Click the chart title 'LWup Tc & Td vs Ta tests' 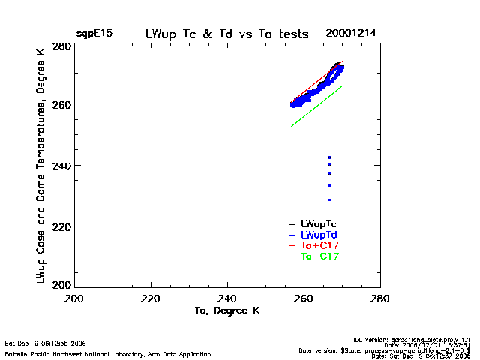click(226, 34)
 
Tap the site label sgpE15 click(94, 34)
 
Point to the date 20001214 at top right click(350, 34)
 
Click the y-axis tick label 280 click(62, 46)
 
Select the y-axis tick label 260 click(62, 104)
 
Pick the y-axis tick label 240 click(62, 165)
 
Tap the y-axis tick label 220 click(62, 226)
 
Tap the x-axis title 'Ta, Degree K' click(227, 310)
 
